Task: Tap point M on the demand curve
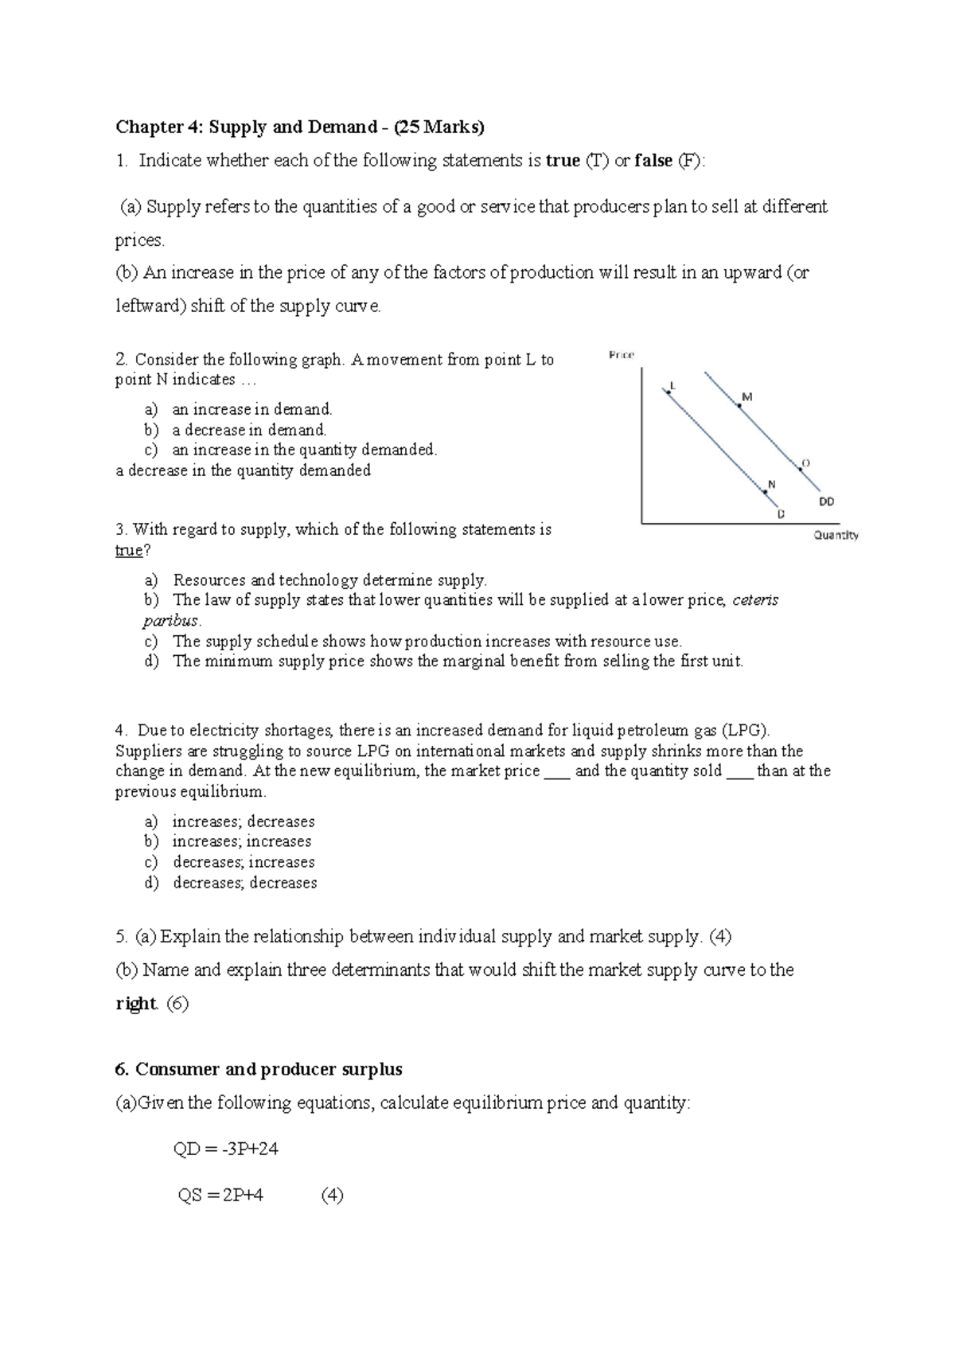point(739,405)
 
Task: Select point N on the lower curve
point(765,491)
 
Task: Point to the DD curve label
point(827,501)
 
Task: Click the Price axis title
point(621,355)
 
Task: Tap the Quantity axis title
point(836,535)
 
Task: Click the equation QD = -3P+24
point(225,1149)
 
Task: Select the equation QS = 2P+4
point(220,1195)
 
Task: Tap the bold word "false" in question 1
point(653,161)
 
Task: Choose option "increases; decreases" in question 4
point(244,821)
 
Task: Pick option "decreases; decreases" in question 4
point(245,883)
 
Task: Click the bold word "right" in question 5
point(135,1004)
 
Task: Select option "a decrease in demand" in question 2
point(249,430)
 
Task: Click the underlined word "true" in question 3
point(129,551)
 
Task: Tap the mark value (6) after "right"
point(177,1004)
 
